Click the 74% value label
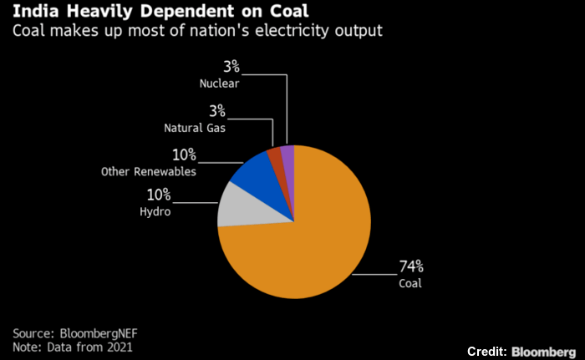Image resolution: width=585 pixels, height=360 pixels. pyautogui.click(x=411, y=267)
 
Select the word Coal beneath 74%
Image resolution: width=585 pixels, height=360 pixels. pyautogui.click(x=410, y=283)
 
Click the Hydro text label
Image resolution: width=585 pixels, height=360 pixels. pyautogui.click(x=155, y=212)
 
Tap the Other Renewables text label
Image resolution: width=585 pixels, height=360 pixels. pyautogui.click(x=148, y=171)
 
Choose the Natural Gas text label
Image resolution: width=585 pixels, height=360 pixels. pyautogui.click(x=195, y=128)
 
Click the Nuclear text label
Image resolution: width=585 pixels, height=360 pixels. pyautogui.click(x=220, y=84)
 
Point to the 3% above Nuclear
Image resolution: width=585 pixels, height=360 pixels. pyautogui.click(x=231, y=68)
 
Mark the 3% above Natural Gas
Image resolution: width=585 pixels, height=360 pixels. pyautogui.click(x=216, y=112)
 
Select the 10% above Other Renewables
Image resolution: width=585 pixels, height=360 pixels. pyautogui.click(x=185, y=155)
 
